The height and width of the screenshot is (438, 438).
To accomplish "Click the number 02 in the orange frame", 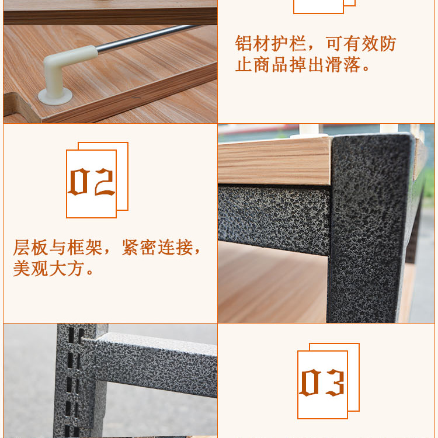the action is [91, 182].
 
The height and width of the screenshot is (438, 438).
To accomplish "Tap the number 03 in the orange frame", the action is [322, 383].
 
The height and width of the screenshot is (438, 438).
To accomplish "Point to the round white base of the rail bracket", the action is [55, 96].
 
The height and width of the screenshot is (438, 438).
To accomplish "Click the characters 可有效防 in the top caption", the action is [361, 44].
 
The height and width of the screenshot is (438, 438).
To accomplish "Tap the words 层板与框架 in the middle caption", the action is [58, 248].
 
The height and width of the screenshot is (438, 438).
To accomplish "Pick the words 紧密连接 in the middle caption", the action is [157, 248].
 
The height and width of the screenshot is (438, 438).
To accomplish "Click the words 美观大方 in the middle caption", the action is [48, 269].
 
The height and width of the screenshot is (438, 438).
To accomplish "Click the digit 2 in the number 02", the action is [104, 182].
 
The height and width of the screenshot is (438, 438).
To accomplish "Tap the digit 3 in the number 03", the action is [335, 383].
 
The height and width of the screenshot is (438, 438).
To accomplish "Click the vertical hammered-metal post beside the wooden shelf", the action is [369, 229].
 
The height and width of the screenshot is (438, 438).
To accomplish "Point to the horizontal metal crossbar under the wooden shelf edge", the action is [274, 220].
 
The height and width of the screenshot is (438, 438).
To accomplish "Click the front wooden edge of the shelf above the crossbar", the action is [274, 161].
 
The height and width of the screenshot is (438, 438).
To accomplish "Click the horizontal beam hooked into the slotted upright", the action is [157, 363].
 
